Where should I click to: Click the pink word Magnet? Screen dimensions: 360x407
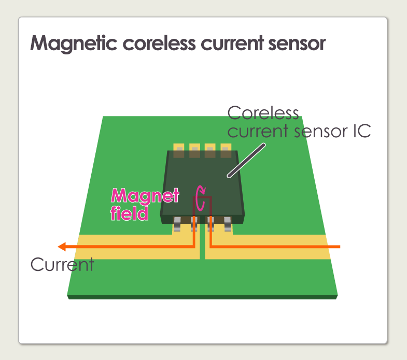click(x=145, y=196)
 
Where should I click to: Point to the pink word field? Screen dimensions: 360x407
click(x=130, y=212)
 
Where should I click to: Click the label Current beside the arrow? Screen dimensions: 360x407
click(x=62, y=265)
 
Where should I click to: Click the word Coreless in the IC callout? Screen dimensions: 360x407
click(x=263, y=113)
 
